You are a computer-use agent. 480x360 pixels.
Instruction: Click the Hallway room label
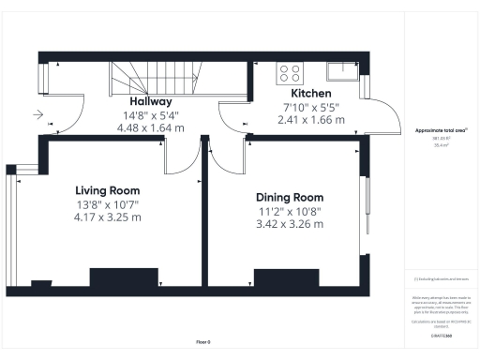pos(150,101)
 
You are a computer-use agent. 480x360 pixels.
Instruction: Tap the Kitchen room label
pos(309,94)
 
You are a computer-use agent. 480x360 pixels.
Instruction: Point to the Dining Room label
pos(290,198)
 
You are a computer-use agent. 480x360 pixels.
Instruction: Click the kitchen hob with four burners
pos(289,71)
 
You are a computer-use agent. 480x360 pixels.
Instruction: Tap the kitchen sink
pos(337,68)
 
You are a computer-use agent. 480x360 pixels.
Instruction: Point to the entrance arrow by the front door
pos(37,115)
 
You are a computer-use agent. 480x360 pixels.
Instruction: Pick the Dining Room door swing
pos(225,155)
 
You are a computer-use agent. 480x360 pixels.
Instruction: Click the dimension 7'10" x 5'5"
pos(309,107)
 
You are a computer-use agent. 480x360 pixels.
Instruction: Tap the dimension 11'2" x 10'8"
pos(290,211)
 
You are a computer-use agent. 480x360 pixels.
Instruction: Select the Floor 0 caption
pos(203,342)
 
